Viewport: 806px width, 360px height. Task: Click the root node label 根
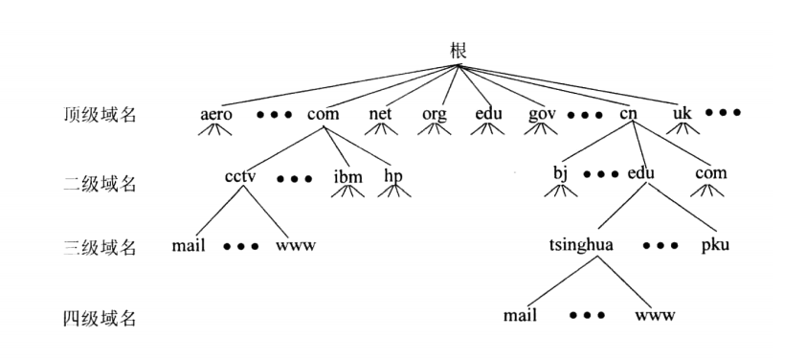click(458, 52)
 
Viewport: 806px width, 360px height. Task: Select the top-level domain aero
click(216, 114)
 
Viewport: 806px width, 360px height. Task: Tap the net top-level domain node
click(380, 114)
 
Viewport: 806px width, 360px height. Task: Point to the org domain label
click(435, 115)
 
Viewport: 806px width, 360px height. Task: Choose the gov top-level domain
click(542, 115)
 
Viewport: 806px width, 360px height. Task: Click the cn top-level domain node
click(629, 114)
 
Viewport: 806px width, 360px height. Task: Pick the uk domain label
click(683, 113)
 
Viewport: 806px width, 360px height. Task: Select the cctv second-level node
click(240, 176)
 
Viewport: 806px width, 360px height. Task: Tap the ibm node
click(348, 177)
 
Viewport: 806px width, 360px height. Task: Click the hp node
click(393, 177)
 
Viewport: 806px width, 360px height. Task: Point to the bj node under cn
click(560, 174)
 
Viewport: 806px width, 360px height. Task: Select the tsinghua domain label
click(581, 246)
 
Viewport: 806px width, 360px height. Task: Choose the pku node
click(715, 245)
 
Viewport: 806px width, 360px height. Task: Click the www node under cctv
click(296, 246)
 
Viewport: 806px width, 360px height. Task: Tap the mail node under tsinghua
click(520, 315)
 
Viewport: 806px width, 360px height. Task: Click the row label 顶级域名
click(100, 114)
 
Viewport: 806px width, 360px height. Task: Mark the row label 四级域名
click(100, 318)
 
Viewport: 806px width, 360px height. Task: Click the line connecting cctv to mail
click(219, 212)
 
